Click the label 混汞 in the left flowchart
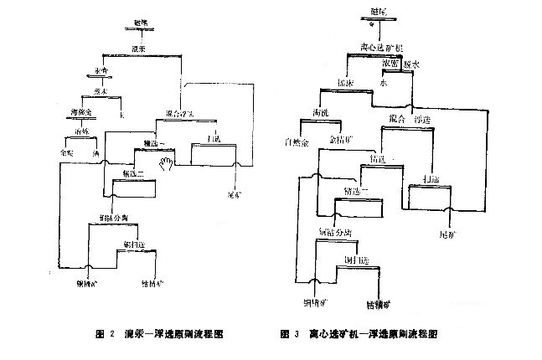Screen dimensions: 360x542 [139, 49]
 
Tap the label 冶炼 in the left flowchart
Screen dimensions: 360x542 [82, 131]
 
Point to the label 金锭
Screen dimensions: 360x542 [65, 154]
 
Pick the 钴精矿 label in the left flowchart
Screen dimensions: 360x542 [150, 295]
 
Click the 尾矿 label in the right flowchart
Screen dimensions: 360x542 [449, 235]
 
